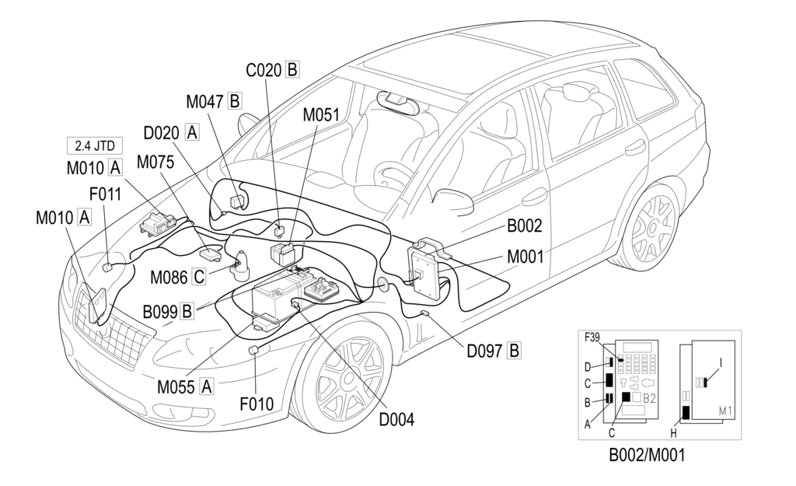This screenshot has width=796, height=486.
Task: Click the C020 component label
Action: tap(264, 70)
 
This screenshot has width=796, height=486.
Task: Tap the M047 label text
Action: tap(204, 101)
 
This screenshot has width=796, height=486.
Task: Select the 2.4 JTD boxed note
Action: tap(93, 145)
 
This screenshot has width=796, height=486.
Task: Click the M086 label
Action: tap(169, 276)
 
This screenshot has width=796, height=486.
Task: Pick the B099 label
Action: tap(160, 313)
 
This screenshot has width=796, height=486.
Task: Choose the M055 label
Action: tap(177, 385)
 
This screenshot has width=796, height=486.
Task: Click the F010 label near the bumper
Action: tap(257, 404)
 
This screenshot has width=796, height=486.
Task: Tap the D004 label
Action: tap(396, 419)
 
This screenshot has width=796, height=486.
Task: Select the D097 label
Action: tap(485, 350)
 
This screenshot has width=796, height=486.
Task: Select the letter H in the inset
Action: tap(674, 433)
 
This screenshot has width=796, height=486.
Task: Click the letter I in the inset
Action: tap(721, 362)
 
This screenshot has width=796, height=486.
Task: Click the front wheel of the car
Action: tap(348, 381)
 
